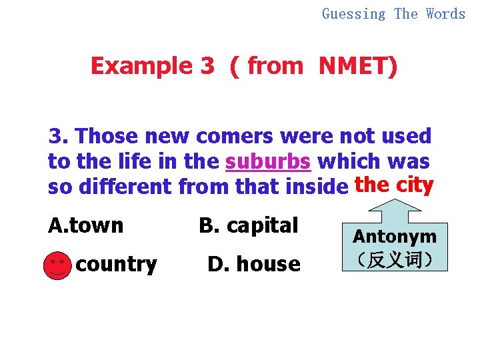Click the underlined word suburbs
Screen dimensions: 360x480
pyautogui.click(x=268, y=162)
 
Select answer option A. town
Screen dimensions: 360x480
pyautogui.click(x=86, y=226)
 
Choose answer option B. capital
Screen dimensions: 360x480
pyautogui.click(x=248, y=226)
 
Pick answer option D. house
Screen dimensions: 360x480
pyautogui.click(x=254, y=265)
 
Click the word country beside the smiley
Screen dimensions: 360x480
pyautogui.click(x=117, y=265)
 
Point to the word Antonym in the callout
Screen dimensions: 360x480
pyautogui.click(x=395, y=236)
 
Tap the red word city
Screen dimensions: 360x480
pyautogui.click(x=415, y=185)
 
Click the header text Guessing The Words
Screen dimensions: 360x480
pyautogui.click(x=393, y=13)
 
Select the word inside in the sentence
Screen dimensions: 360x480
pyautogui.click(x=315, y=187)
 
